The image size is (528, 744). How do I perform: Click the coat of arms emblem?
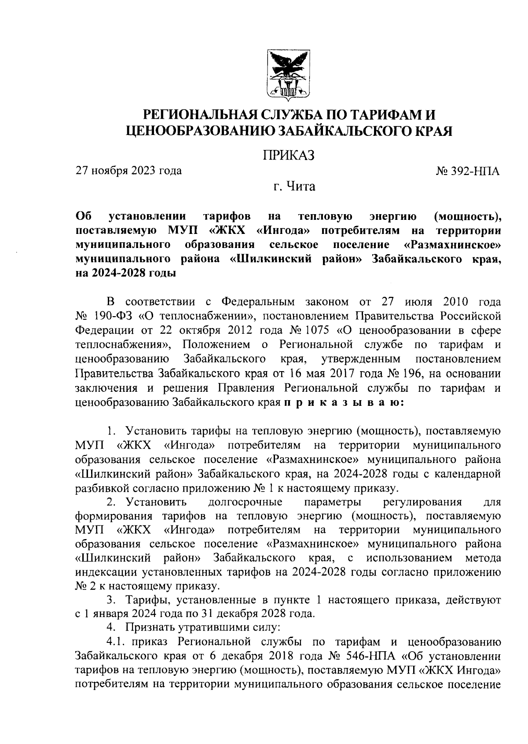pos(289,73)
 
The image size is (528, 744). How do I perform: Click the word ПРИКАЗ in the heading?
pos(289,155)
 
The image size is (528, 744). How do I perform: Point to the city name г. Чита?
pos(293,187)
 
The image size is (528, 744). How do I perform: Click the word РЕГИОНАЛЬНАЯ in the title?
pos(205,116)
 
